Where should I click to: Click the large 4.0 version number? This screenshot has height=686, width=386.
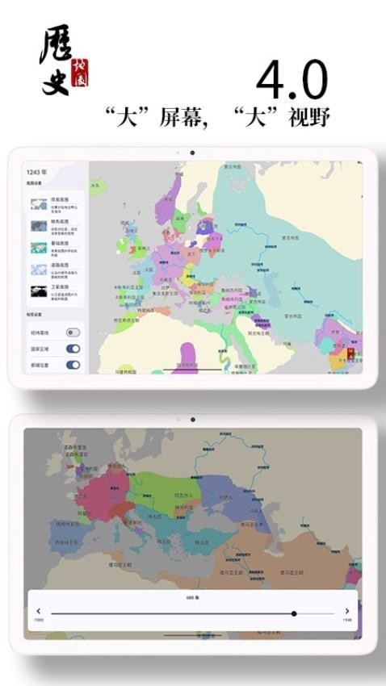click(292, 82)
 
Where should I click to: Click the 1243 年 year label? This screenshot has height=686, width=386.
click(36, 172)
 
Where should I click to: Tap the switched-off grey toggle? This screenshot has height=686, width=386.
click(73, 332)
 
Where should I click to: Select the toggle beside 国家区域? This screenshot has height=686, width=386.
click(73, 349)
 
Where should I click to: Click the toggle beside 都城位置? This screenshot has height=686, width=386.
click(73, 365)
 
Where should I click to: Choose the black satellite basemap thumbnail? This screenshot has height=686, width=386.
click(38, 291)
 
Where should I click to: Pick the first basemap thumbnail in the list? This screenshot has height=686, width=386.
click(38, 204)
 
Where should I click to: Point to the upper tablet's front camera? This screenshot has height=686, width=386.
click(192, 153)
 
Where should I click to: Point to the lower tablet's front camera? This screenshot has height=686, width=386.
click(192, 420)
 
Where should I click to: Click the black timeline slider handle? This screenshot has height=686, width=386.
click(294, 613)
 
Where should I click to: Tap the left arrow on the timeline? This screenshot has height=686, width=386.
click(39, 612)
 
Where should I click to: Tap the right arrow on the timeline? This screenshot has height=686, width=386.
click(347, 612)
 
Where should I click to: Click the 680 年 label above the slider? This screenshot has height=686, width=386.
click(192, 599)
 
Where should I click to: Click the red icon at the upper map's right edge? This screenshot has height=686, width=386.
click(350, 353)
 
